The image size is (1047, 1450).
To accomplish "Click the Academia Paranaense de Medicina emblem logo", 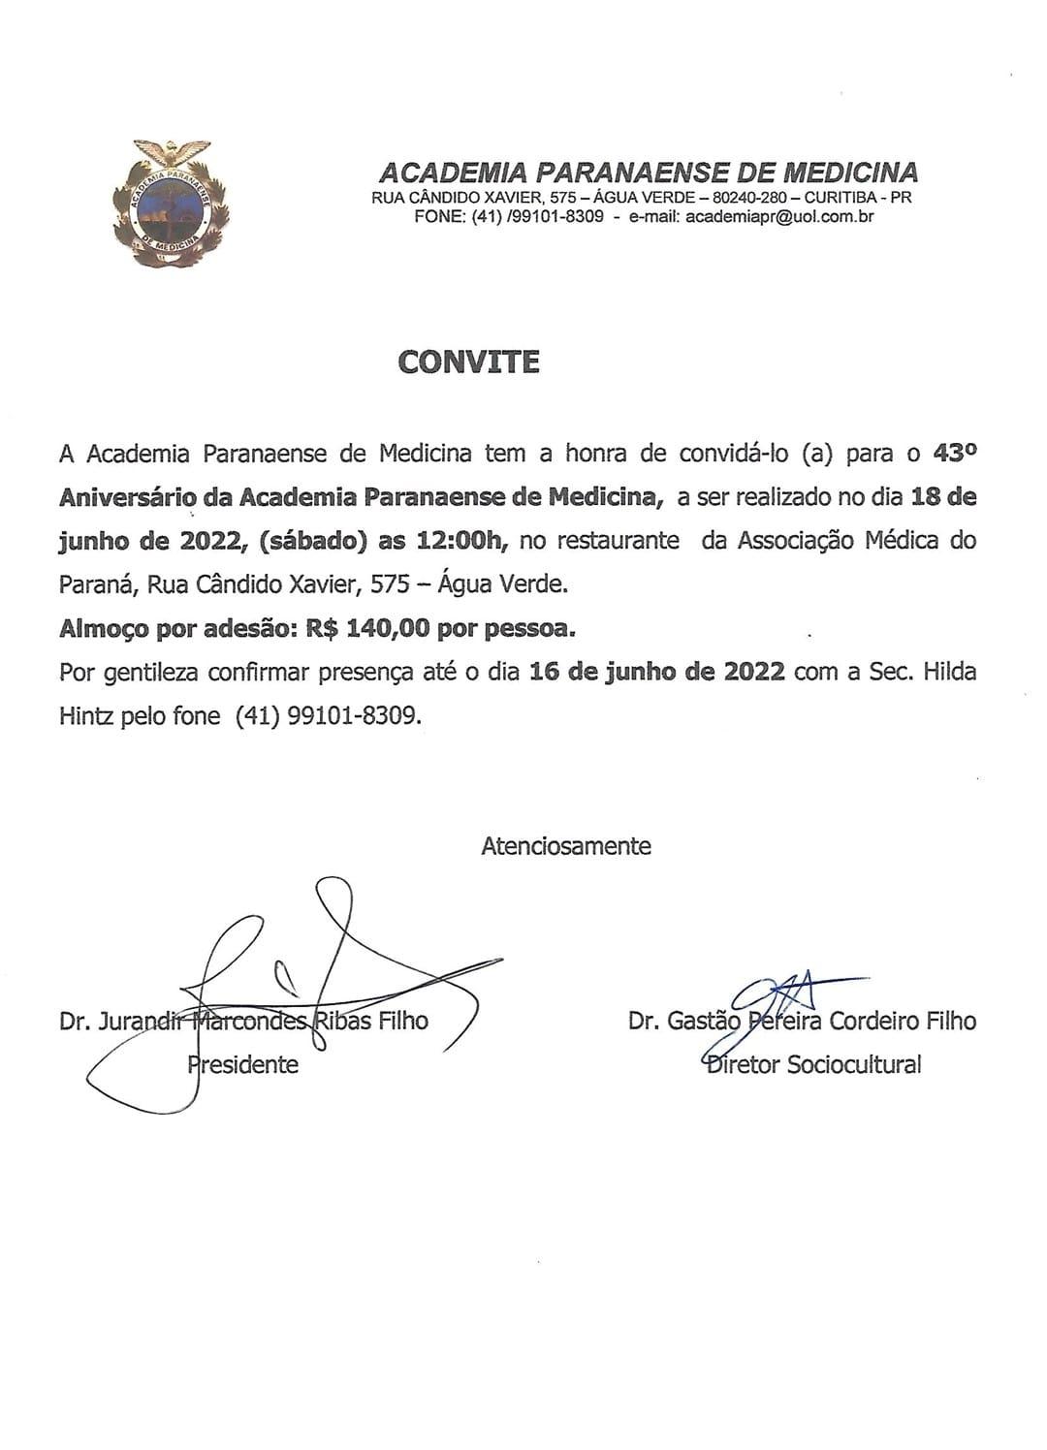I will (170, 203).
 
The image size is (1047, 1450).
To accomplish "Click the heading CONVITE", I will (468, 362).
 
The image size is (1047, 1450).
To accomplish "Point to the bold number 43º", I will (954, 453).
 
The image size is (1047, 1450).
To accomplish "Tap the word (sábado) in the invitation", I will (312, 541).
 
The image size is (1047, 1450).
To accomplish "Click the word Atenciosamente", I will (566, 846).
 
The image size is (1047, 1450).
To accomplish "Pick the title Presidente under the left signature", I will (242, 1065).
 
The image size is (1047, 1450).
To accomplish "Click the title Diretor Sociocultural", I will (812, 1065).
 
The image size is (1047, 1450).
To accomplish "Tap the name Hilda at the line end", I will (949, 672).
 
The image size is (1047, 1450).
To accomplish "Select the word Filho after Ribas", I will (401, 1021).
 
